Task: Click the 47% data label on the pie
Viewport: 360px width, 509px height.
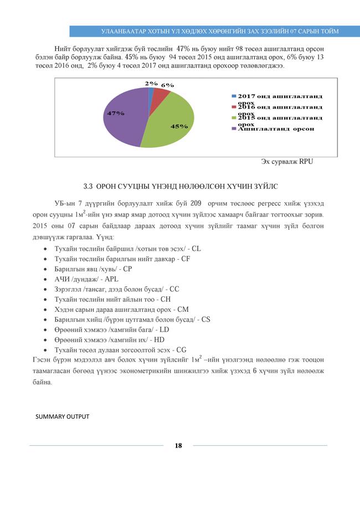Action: (116, 113)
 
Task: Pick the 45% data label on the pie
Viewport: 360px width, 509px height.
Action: (179, 126)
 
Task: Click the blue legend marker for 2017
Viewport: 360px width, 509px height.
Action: (234, 96)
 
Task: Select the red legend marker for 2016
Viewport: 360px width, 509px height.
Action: (234, 107)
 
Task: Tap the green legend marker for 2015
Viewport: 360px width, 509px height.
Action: (234, 118)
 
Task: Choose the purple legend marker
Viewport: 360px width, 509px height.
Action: (234, 129)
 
